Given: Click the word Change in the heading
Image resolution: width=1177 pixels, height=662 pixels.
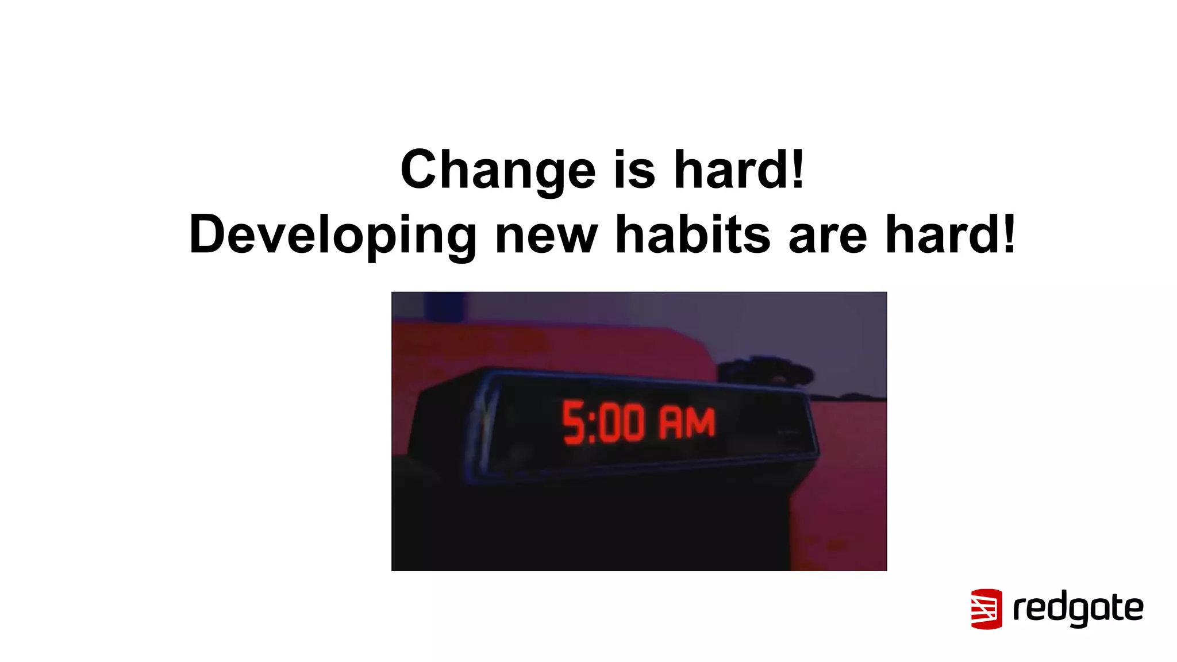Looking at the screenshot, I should click(498, 170).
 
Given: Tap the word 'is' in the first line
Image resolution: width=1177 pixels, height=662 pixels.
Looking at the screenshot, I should click(634, 170).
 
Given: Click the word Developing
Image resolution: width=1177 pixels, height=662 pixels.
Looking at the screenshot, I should click(332, 234).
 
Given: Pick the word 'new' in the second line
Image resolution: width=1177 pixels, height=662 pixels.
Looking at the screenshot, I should click(546, 234).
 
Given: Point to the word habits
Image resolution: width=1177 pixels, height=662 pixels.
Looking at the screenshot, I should click(692, 234).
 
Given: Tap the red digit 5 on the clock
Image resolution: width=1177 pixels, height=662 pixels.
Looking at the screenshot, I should click(573, 424).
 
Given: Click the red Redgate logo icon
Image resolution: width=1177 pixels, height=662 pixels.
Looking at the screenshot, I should click(986, 609).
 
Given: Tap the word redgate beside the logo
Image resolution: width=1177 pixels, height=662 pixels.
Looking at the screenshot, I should click(1078, 609).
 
